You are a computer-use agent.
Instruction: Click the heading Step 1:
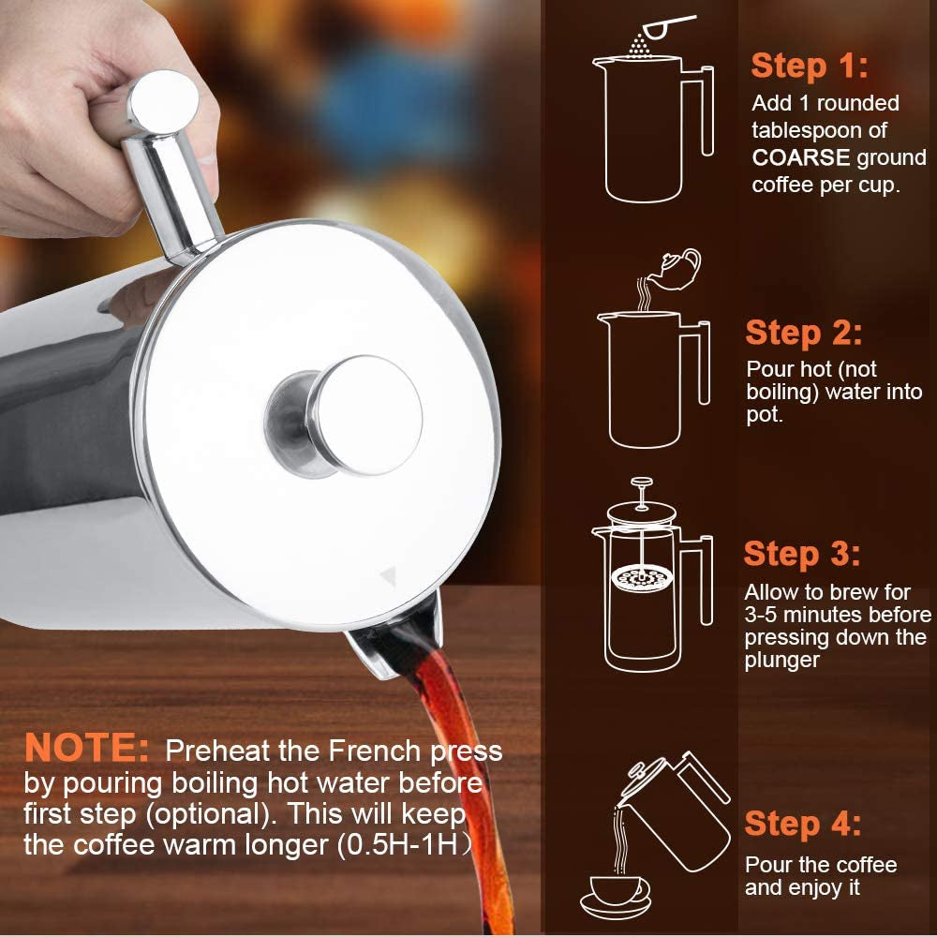tap(810, 66)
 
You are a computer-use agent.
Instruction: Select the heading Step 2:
tap(804, 333)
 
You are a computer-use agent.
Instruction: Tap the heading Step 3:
tap(802, 554)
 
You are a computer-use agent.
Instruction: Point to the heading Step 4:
tap(803, 824)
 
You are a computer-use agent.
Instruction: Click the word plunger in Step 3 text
tap(782, 661)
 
